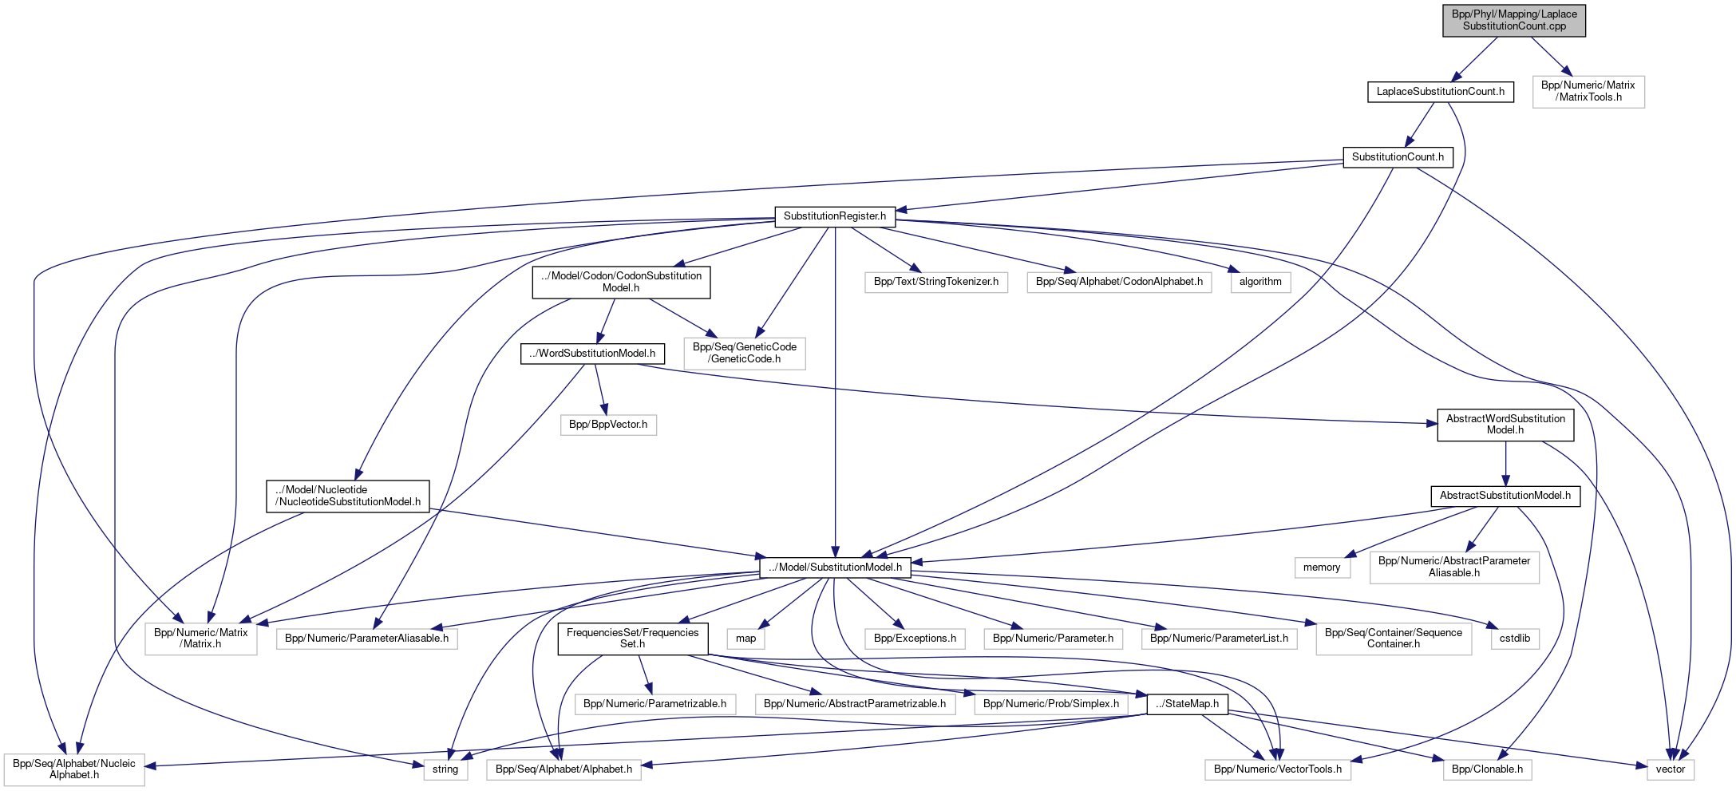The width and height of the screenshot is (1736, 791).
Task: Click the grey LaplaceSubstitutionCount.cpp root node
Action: [x=1513, y=20]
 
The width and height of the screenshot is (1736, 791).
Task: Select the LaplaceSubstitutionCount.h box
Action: [x=1440, y=92]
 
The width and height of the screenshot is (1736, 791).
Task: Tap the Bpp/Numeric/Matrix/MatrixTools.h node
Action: [x=1588, y=91]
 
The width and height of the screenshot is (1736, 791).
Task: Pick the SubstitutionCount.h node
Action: [x=1398, y=157]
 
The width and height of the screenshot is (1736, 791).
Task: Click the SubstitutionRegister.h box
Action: [x=834, y=216]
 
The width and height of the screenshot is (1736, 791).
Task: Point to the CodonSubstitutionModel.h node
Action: [x=621, y=282]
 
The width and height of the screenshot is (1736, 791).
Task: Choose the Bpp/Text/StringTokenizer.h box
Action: [x=935, y=282]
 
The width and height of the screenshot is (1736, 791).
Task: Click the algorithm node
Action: [x=1260, y=282]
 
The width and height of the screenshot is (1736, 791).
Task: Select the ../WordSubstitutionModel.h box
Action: [x=592, y=354]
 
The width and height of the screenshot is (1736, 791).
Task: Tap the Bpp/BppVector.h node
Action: [x=608, y=425]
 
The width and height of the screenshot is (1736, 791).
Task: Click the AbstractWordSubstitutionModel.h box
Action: [x=1505, y=424]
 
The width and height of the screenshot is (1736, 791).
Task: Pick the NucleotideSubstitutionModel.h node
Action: [x=347, y=496]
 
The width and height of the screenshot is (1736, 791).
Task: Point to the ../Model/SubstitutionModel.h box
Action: [x=835, y=568]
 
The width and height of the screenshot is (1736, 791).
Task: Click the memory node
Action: [x=1322, y=568]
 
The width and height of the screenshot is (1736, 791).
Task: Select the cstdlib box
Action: [x=1514, y=639]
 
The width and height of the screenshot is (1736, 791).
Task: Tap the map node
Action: [x=745, y=639]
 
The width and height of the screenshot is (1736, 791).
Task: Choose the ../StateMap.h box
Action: [x=1187, y=704]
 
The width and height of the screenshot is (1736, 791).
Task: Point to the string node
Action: [x=445, y=769]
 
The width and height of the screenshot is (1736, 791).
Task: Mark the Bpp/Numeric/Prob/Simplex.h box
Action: [x=1050, y=704]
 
